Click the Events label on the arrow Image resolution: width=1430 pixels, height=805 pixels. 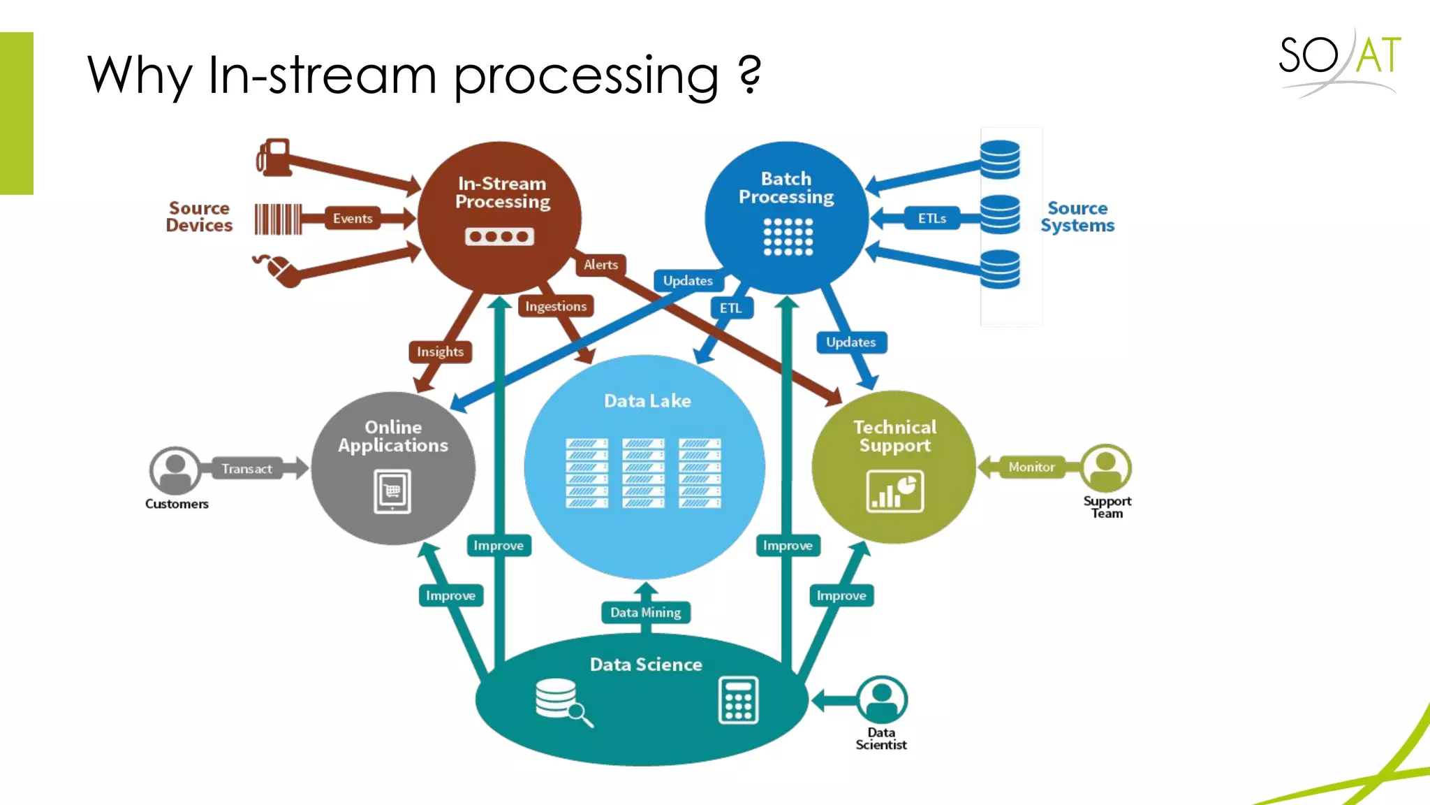(353, 219)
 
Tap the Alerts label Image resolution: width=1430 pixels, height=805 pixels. (600, 265)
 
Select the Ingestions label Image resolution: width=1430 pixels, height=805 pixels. (556, 306)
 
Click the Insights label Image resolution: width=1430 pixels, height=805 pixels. (440, 351)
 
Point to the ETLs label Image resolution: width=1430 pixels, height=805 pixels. (931, 219)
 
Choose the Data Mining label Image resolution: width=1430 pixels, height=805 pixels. (645, 613)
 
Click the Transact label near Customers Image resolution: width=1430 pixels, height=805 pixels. (246, 469)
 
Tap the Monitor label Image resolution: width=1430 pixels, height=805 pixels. (1031, 467)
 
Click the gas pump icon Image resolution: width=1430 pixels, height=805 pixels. (274, 157)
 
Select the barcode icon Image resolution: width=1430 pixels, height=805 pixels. (278, 219)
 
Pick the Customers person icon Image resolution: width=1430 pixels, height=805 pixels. (175, 470)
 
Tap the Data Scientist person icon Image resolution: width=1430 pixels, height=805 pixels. (882, 699)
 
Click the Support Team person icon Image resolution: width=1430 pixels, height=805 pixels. (1106, 467)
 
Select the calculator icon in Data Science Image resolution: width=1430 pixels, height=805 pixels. (738, 700)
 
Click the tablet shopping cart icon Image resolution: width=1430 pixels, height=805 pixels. (392, 491)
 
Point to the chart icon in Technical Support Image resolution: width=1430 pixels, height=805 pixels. (894, 491)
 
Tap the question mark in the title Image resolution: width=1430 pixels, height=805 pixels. (749, 75)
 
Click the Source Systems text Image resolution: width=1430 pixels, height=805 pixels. (1077, 217)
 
